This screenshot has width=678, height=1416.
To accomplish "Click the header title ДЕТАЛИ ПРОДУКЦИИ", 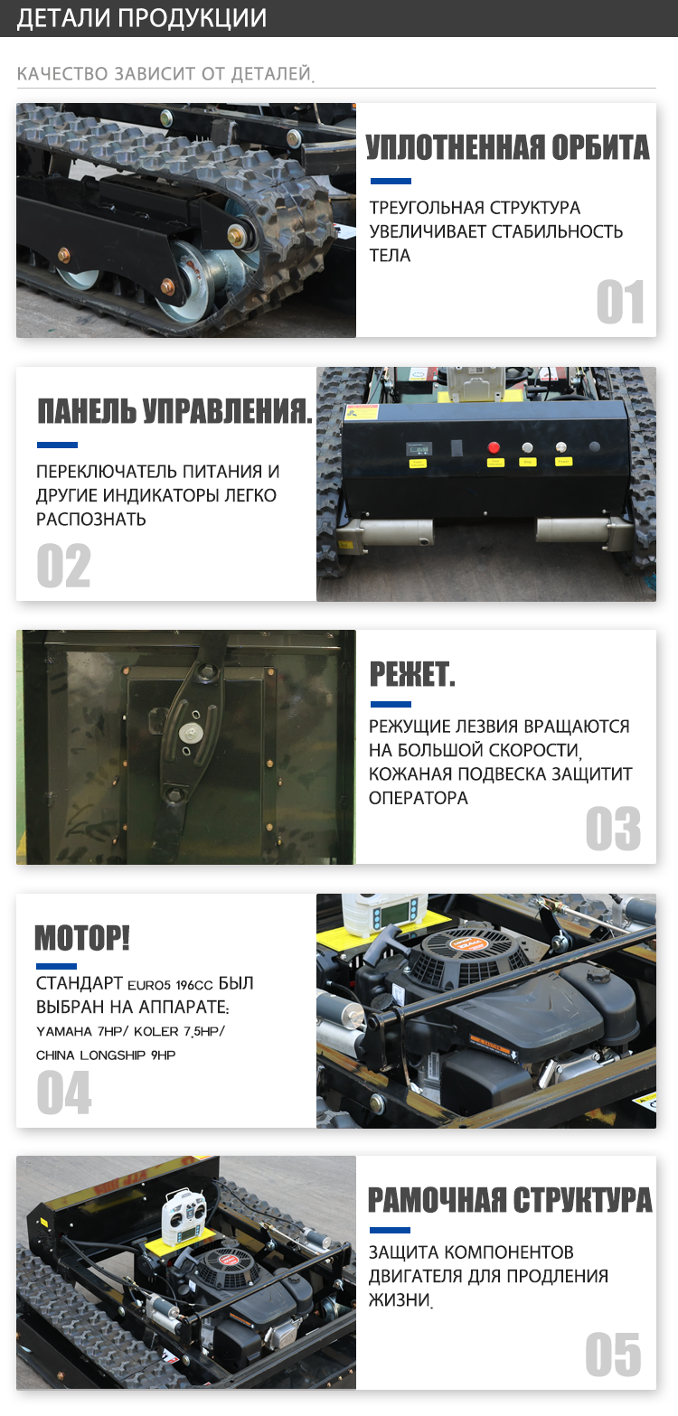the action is coord(142,18).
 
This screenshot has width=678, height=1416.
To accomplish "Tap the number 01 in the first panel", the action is coord(620,302).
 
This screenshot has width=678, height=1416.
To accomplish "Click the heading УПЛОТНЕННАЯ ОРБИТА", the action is coord(508,147).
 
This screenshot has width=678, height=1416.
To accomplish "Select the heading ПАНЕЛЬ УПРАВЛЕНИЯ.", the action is coord(174,411).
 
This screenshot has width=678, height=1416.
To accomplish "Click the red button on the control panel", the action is coord(494,447).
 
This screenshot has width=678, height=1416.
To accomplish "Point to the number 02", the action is coord(64,565).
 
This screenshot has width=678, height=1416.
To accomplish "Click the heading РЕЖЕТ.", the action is coord(411,674).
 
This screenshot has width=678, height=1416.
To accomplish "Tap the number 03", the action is coord(613,829).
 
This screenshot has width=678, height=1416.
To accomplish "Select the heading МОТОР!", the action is coord(82,937).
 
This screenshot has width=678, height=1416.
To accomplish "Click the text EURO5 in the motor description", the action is coord(149,985).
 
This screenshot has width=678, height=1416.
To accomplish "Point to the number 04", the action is coord(64,1092).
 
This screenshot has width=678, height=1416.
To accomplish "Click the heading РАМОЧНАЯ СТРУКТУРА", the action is coord(510,1200).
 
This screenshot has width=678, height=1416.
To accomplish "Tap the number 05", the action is coord(613,1354).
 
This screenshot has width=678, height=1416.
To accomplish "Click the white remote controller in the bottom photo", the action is coord(182,1214).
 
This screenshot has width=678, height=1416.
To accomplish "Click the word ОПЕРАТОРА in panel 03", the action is coord(418,799).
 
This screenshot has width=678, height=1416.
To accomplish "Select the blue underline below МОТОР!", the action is coord(56,967).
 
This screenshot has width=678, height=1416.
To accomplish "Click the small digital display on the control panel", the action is coord(419,449).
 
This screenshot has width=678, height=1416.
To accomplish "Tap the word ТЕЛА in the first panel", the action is coord(391,256).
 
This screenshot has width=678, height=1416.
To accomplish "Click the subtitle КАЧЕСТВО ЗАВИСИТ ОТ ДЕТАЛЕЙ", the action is coord(165,74).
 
